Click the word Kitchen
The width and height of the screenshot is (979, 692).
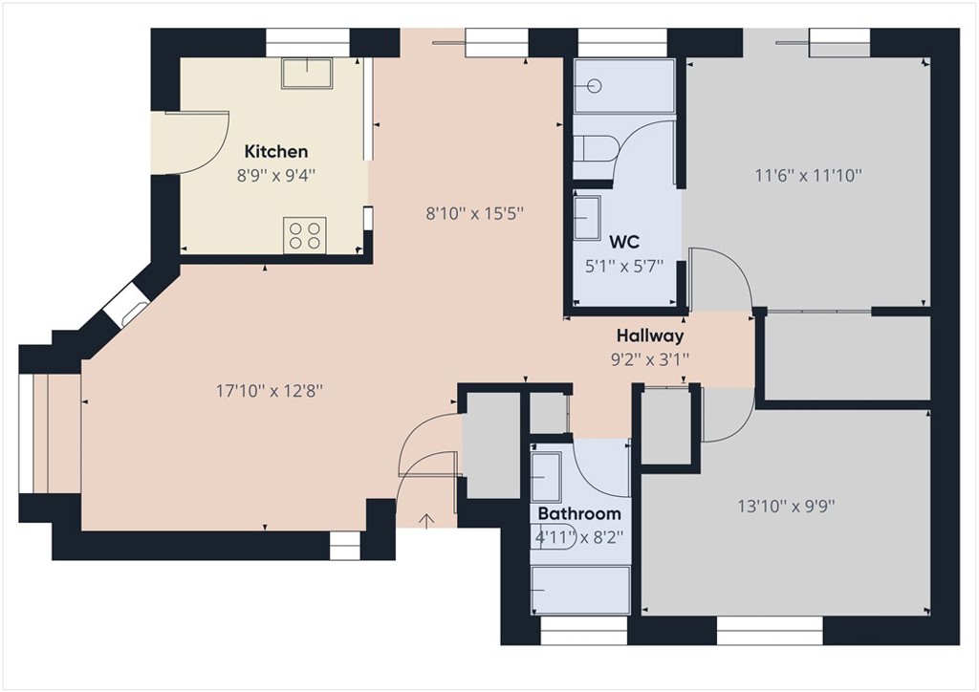tap(276, 151)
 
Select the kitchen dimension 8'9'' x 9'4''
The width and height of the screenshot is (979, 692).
tap(276, 175)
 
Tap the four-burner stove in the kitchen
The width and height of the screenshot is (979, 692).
tap(304, 234)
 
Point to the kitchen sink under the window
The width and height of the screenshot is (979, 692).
tap(306, 73)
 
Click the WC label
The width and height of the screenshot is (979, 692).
tap(623, 242)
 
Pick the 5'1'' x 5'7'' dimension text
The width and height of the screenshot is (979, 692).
tap(623, 267)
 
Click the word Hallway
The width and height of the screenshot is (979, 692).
tap(650, 335)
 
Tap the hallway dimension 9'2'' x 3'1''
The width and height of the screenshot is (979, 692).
tap(650, 359)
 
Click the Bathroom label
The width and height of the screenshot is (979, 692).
tap(579, 513)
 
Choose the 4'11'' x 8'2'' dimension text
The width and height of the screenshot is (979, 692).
tap(579, 537)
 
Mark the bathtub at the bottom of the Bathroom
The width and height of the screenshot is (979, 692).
tap(580, 590)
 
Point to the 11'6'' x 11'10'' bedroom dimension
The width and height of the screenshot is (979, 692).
tap(808, 175)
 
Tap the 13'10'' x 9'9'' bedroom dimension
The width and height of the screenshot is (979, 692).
tap(787, 507)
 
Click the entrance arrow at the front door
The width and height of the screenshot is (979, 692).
tap(426, 520)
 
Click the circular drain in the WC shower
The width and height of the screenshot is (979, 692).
tap(594, 85)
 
